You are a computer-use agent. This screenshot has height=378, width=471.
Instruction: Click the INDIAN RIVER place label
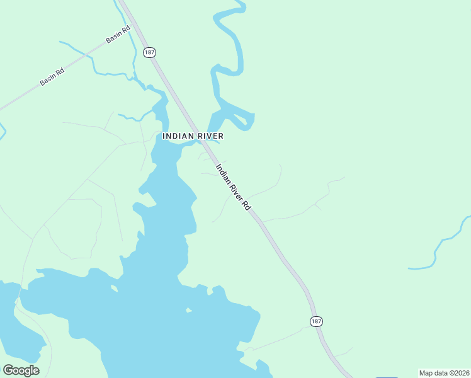click(193, 136)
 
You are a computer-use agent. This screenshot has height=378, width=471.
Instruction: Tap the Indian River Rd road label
click(234, 188)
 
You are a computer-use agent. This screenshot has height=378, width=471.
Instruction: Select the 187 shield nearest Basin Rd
click(148, 52)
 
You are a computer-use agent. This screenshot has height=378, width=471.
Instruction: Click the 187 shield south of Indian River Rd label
click(316, 321)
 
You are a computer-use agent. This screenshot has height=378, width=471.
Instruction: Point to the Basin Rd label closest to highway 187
click(118, 34)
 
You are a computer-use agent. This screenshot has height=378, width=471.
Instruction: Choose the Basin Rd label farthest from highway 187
click(52, 77)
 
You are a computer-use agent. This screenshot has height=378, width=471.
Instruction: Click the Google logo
click(21, 370)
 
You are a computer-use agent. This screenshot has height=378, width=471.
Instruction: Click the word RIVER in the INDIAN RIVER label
click(209, 136)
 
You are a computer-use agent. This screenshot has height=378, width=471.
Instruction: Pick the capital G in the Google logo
click(8, 370)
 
